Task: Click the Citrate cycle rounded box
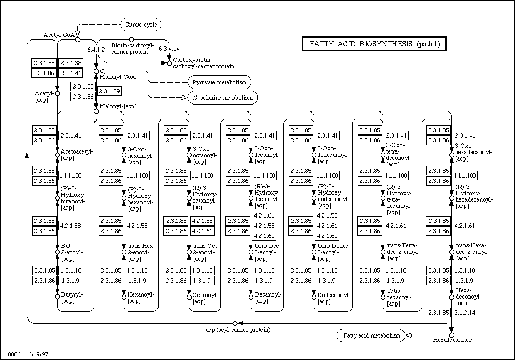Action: pos(140,25)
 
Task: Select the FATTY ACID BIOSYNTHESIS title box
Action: pos(374,44)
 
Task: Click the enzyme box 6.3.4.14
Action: pos(169,49)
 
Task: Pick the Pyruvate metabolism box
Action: pos(219,82)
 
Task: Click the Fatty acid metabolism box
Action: pos(371,335)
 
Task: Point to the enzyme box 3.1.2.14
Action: pos(464,312)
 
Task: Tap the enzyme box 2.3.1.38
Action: pos(70,62)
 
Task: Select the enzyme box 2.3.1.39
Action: pos(108,91)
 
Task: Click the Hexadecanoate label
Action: pos(452,340)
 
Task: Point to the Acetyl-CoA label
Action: pos(58,35)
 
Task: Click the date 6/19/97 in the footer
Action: pos(38,354)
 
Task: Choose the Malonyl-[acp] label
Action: pos(118,106)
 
